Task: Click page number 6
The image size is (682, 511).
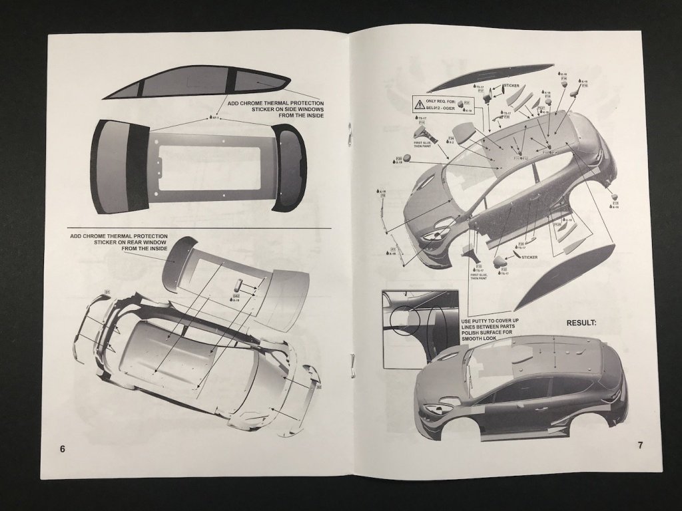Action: click(63, 448)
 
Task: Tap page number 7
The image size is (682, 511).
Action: click(640, 445)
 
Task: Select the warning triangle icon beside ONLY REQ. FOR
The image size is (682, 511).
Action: click(420, 104)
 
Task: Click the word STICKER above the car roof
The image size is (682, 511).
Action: click(511, 86)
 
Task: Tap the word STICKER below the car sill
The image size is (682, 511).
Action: click(529, 257)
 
